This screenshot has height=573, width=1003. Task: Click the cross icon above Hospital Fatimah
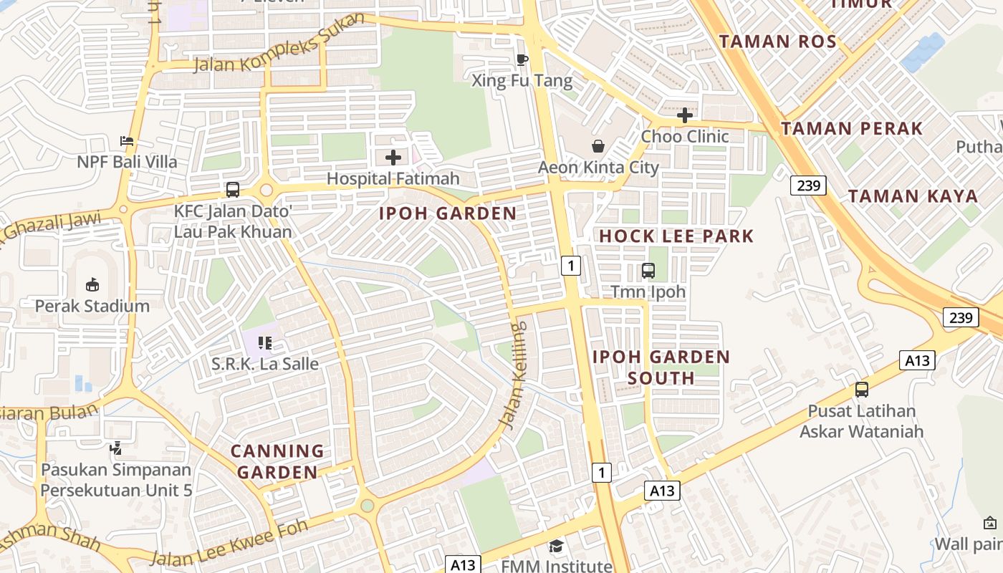(393, 157)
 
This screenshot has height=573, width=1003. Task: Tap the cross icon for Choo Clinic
(685, 115)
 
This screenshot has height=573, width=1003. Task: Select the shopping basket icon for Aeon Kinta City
(598, 146)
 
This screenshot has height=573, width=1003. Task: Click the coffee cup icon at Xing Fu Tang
(522, 59)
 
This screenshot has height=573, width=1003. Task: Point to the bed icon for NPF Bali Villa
(127, 140)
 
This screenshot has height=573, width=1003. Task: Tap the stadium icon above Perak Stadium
(92, 284)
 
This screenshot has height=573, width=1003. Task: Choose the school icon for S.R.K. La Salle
(265, 343)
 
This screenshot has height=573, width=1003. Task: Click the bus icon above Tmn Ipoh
(648, 271)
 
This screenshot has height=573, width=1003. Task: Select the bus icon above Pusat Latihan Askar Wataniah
(861, 390)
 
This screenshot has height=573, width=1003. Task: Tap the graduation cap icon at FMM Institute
(557, 546)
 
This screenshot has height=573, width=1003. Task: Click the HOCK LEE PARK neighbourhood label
(676, 236)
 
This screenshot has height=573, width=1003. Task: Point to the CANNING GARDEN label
(277, 461)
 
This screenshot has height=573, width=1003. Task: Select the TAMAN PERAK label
(851, 129)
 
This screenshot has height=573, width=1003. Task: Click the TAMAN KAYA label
(913, 196)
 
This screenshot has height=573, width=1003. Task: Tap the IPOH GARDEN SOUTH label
(661, 367)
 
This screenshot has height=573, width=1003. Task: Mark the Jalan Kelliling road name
(513, 376)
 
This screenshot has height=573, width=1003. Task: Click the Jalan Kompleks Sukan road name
(279, 45)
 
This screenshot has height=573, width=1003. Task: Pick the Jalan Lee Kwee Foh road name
(229, 543)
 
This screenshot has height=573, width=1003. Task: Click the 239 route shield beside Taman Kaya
(809, 186)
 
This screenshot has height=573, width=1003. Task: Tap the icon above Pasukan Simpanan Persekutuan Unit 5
(115, 448)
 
